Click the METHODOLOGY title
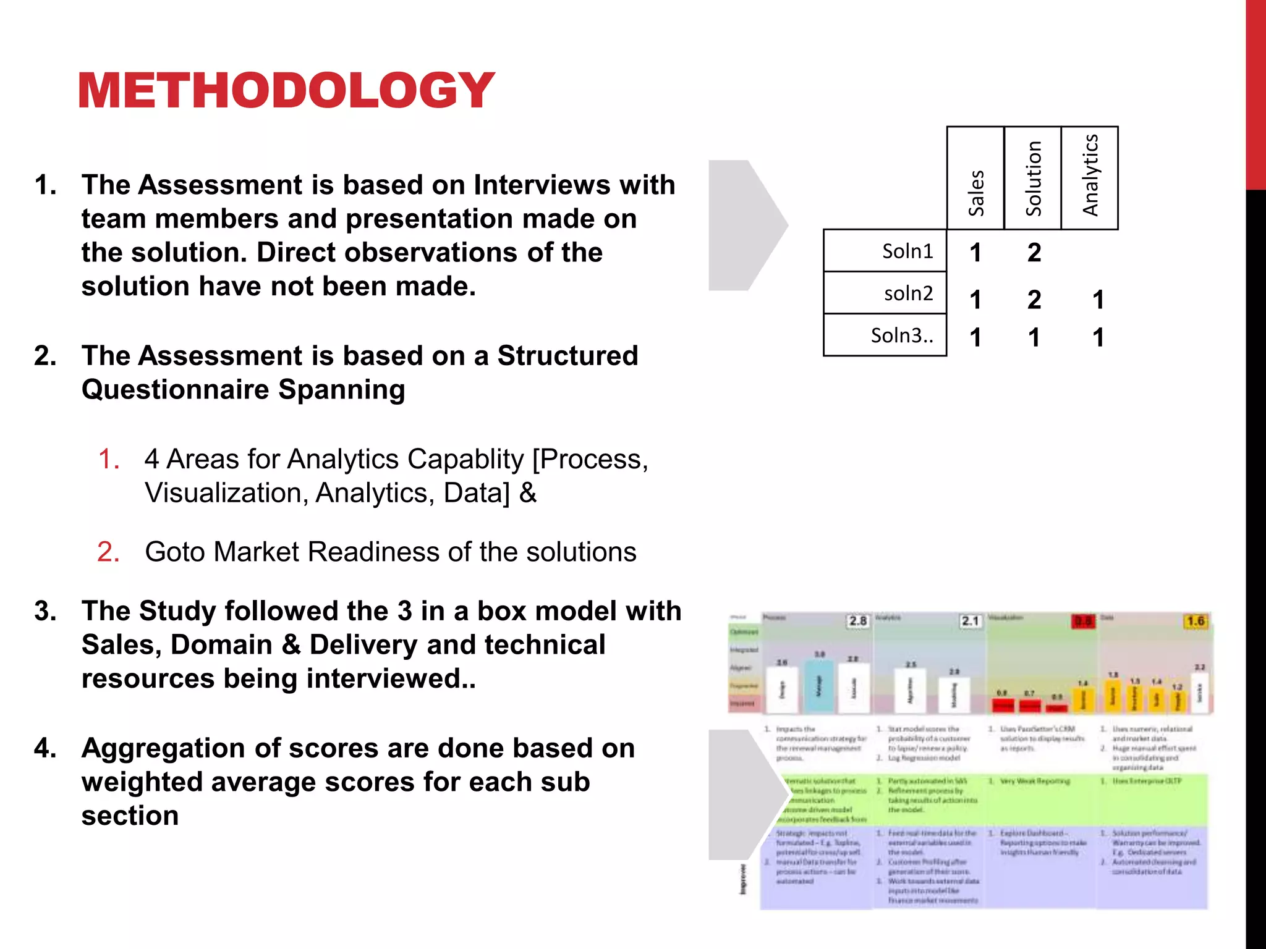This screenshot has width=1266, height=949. (x=286, y=90)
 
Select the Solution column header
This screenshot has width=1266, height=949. (x=1033, y=179)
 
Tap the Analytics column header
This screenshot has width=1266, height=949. (x=1090, y=176)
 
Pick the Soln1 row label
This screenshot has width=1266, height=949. (x=907, y=251)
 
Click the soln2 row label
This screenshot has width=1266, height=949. (x=908, y=293)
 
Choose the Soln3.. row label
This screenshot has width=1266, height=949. (x=902, y=335)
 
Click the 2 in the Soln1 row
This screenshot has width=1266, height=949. (x=1034, y=253)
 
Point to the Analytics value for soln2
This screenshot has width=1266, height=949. (x=1098, y=300)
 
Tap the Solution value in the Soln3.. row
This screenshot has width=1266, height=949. (x=1034, y=338)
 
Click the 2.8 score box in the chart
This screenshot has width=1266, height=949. (x=857, y=620)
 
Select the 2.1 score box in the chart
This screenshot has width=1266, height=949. (x=970, y=620)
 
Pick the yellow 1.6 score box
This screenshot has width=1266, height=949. (x=1196, y=621)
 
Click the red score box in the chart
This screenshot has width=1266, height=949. (x=1082, y=621)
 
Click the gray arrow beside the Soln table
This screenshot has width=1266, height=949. (x=745, y=225)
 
